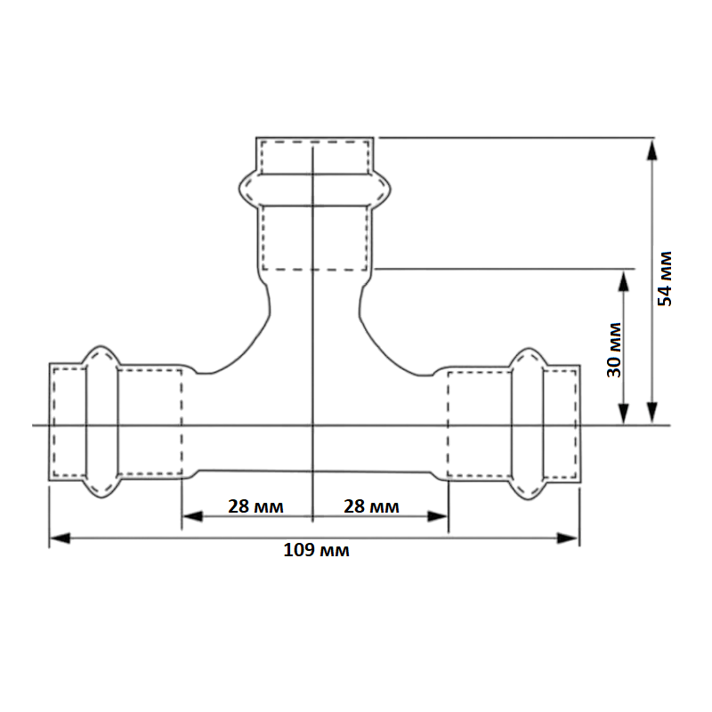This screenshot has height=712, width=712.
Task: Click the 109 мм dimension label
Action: click(x=317, y=550)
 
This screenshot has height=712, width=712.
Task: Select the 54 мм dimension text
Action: click(x=665, y=279)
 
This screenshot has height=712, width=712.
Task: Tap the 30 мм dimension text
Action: click(x=614, y=350)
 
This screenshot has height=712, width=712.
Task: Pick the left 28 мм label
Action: click(x=255, y=506)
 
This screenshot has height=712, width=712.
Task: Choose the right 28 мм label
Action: click(x=371, y=506)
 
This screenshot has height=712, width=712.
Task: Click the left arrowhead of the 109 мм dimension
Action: click(x=59, y=538)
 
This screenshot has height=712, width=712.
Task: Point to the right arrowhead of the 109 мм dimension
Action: click(x=568, y=538)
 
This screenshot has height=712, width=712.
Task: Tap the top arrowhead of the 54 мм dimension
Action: click(x=652, y=150)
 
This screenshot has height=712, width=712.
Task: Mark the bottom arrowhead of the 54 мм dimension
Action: click(x=652, y=412)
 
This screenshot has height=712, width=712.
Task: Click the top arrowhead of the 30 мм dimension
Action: click(x=624, y=281)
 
